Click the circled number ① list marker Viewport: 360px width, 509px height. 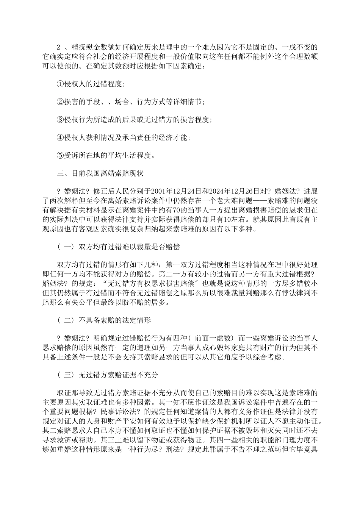59,84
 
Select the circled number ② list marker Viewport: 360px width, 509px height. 59,102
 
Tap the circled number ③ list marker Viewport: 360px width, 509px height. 59,120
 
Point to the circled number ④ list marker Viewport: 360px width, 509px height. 59,137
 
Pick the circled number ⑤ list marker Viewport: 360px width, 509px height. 59,155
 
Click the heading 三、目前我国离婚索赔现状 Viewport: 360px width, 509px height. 100,173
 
